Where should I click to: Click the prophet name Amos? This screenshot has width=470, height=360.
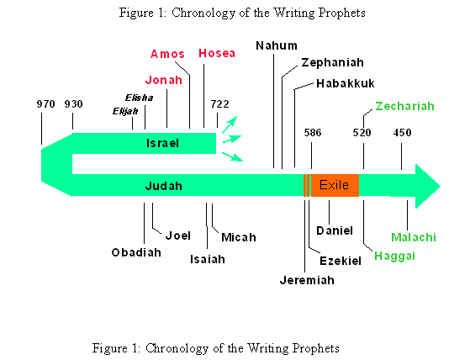pyautogui.click(x=167, y=54)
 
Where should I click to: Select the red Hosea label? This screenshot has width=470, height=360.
pyautogui.click(x=217, y=53)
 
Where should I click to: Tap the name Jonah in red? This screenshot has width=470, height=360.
pyautogui.click(x=164, y=80)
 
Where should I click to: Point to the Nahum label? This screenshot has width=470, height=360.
pyautogui.click(x=277, y=45)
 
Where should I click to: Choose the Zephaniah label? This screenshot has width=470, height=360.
pyautogui.click(x=332, y=62)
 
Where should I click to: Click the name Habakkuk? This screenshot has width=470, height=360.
pyautogui.click(x=346, y=83)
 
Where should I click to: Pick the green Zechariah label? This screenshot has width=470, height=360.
pyautogui.click(x=404, y=106)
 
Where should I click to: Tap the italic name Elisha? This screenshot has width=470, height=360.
pyautogui.click(x=139, y=98)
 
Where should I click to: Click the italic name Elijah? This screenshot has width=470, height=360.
pyautogui.click(x=125, y=112)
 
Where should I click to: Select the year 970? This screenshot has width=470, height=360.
pyautogui.click(x=46, y=104)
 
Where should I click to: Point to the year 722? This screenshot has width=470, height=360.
pyautogui.click(x=219, y=104)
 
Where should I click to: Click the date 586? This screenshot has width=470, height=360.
pyautogui.click(x=313, y=133)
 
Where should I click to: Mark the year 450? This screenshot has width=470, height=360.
pyautogui.click(x=402, y=133)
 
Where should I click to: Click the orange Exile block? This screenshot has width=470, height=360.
pyautogui.click(x=335, y=185)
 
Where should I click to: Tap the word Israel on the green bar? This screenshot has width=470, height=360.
pyautogui.click(x=162, y=143)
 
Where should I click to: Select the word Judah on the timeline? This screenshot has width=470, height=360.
pyautogui.click(x=164, y=186)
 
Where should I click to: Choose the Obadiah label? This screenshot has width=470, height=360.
pyautogui.click(x=136, y=252)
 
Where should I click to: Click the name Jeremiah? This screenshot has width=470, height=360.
pyautogui.click(x=307, y=280)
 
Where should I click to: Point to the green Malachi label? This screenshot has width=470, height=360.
pyautogui.click(x=414, y=237)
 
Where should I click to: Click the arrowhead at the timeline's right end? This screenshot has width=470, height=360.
pyautogui.click(x=427, y=186)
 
